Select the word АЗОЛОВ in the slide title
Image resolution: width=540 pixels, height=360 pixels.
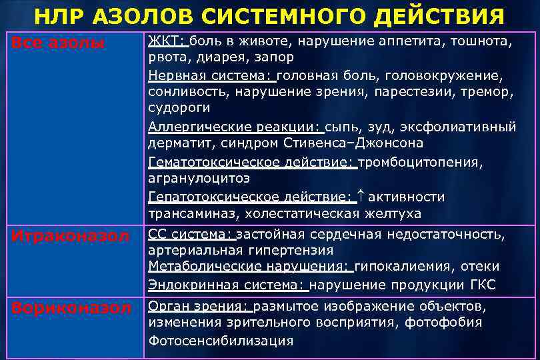click(x=137, y=15)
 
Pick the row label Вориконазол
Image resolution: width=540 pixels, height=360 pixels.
click(x=70, y=308)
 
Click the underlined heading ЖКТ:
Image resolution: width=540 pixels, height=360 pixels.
click(x=168, y=42)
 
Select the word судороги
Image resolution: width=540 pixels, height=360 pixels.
click(x=179, y=108)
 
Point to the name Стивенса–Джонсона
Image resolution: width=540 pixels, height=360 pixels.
click(x=354, y=143)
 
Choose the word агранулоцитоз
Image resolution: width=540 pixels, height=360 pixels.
click(x=199, y=179)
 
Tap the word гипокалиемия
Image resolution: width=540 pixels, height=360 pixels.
click(x=404, y=267)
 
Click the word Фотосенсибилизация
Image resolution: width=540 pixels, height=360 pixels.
click(x=221, y=341)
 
